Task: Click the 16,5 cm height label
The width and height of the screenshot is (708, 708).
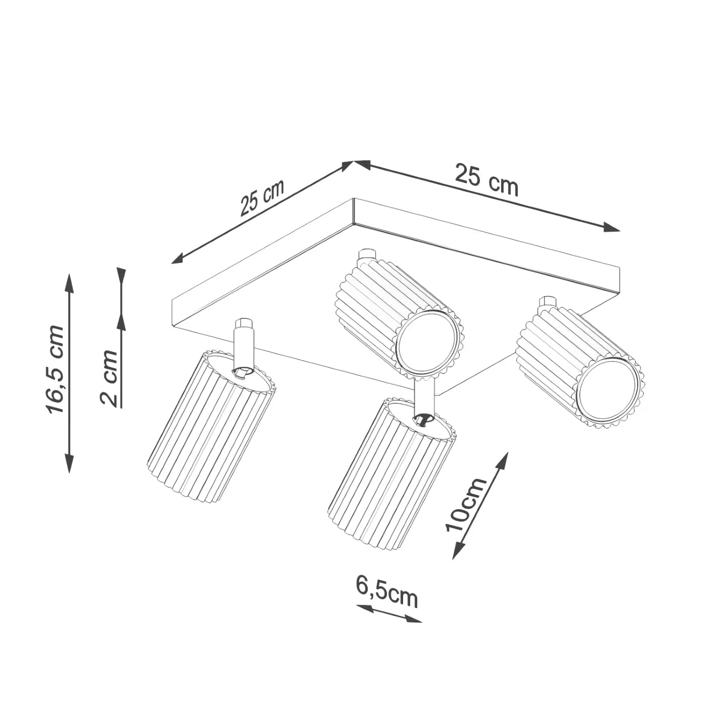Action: click(56, 370)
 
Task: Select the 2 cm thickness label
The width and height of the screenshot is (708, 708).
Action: click(109, 378)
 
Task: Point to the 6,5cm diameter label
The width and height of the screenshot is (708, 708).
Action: click(387, 592)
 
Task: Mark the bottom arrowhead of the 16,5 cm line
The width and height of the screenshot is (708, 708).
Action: click(69, 464)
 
